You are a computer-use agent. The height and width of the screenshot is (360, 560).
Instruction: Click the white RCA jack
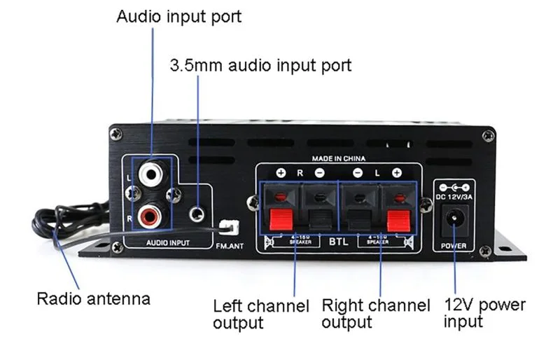point(150,174)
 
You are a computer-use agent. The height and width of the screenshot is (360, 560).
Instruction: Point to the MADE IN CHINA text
point(339,159)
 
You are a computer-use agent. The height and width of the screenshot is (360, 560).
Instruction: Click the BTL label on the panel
point(339,242)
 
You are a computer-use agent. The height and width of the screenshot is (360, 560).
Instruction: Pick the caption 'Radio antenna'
point(93,299)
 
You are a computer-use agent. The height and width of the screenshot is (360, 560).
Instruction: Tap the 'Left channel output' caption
point(260,314)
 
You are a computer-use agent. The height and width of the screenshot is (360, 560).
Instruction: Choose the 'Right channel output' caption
point(375,314)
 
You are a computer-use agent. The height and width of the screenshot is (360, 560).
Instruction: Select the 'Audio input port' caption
point(178,16)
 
